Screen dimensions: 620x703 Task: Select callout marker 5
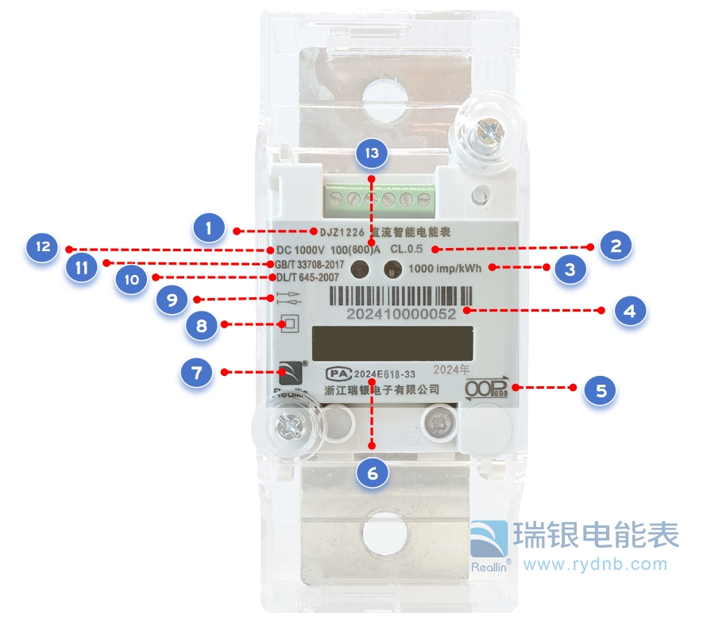tap(600, 390)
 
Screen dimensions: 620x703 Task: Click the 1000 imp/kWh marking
tap(445, 269)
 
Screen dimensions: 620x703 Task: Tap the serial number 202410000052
tap(401, 314)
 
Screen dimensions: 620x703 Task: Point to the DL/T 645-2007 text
tap(307, 277)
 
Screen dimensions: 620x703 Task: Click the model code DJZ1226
tap(342, 233)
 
